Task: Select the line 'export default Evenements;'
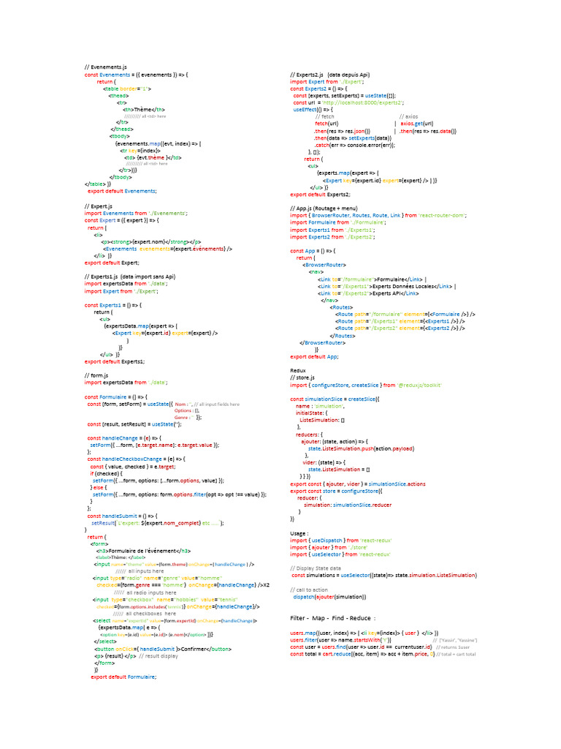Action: click(x=122, y=190)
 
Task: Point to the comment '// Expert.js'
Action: click(x=99, y=206)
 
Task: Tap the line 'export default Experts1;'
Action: click(x=114, y=361)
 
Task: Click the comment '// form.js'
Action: click(x=96, y=375)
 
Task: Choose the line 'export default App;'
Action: click(x=314, y=356)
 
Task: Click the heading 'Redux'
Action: click(x=297, y=371)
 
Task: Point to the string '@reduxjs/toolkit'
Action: click(x=420, y=385)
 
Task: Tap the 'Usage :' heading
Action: click(x=299, y=533)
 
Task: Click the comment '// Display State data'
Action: click(x=316, y=568)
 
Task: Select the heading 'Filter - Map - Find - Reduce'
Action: click(x=332, y=618)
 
